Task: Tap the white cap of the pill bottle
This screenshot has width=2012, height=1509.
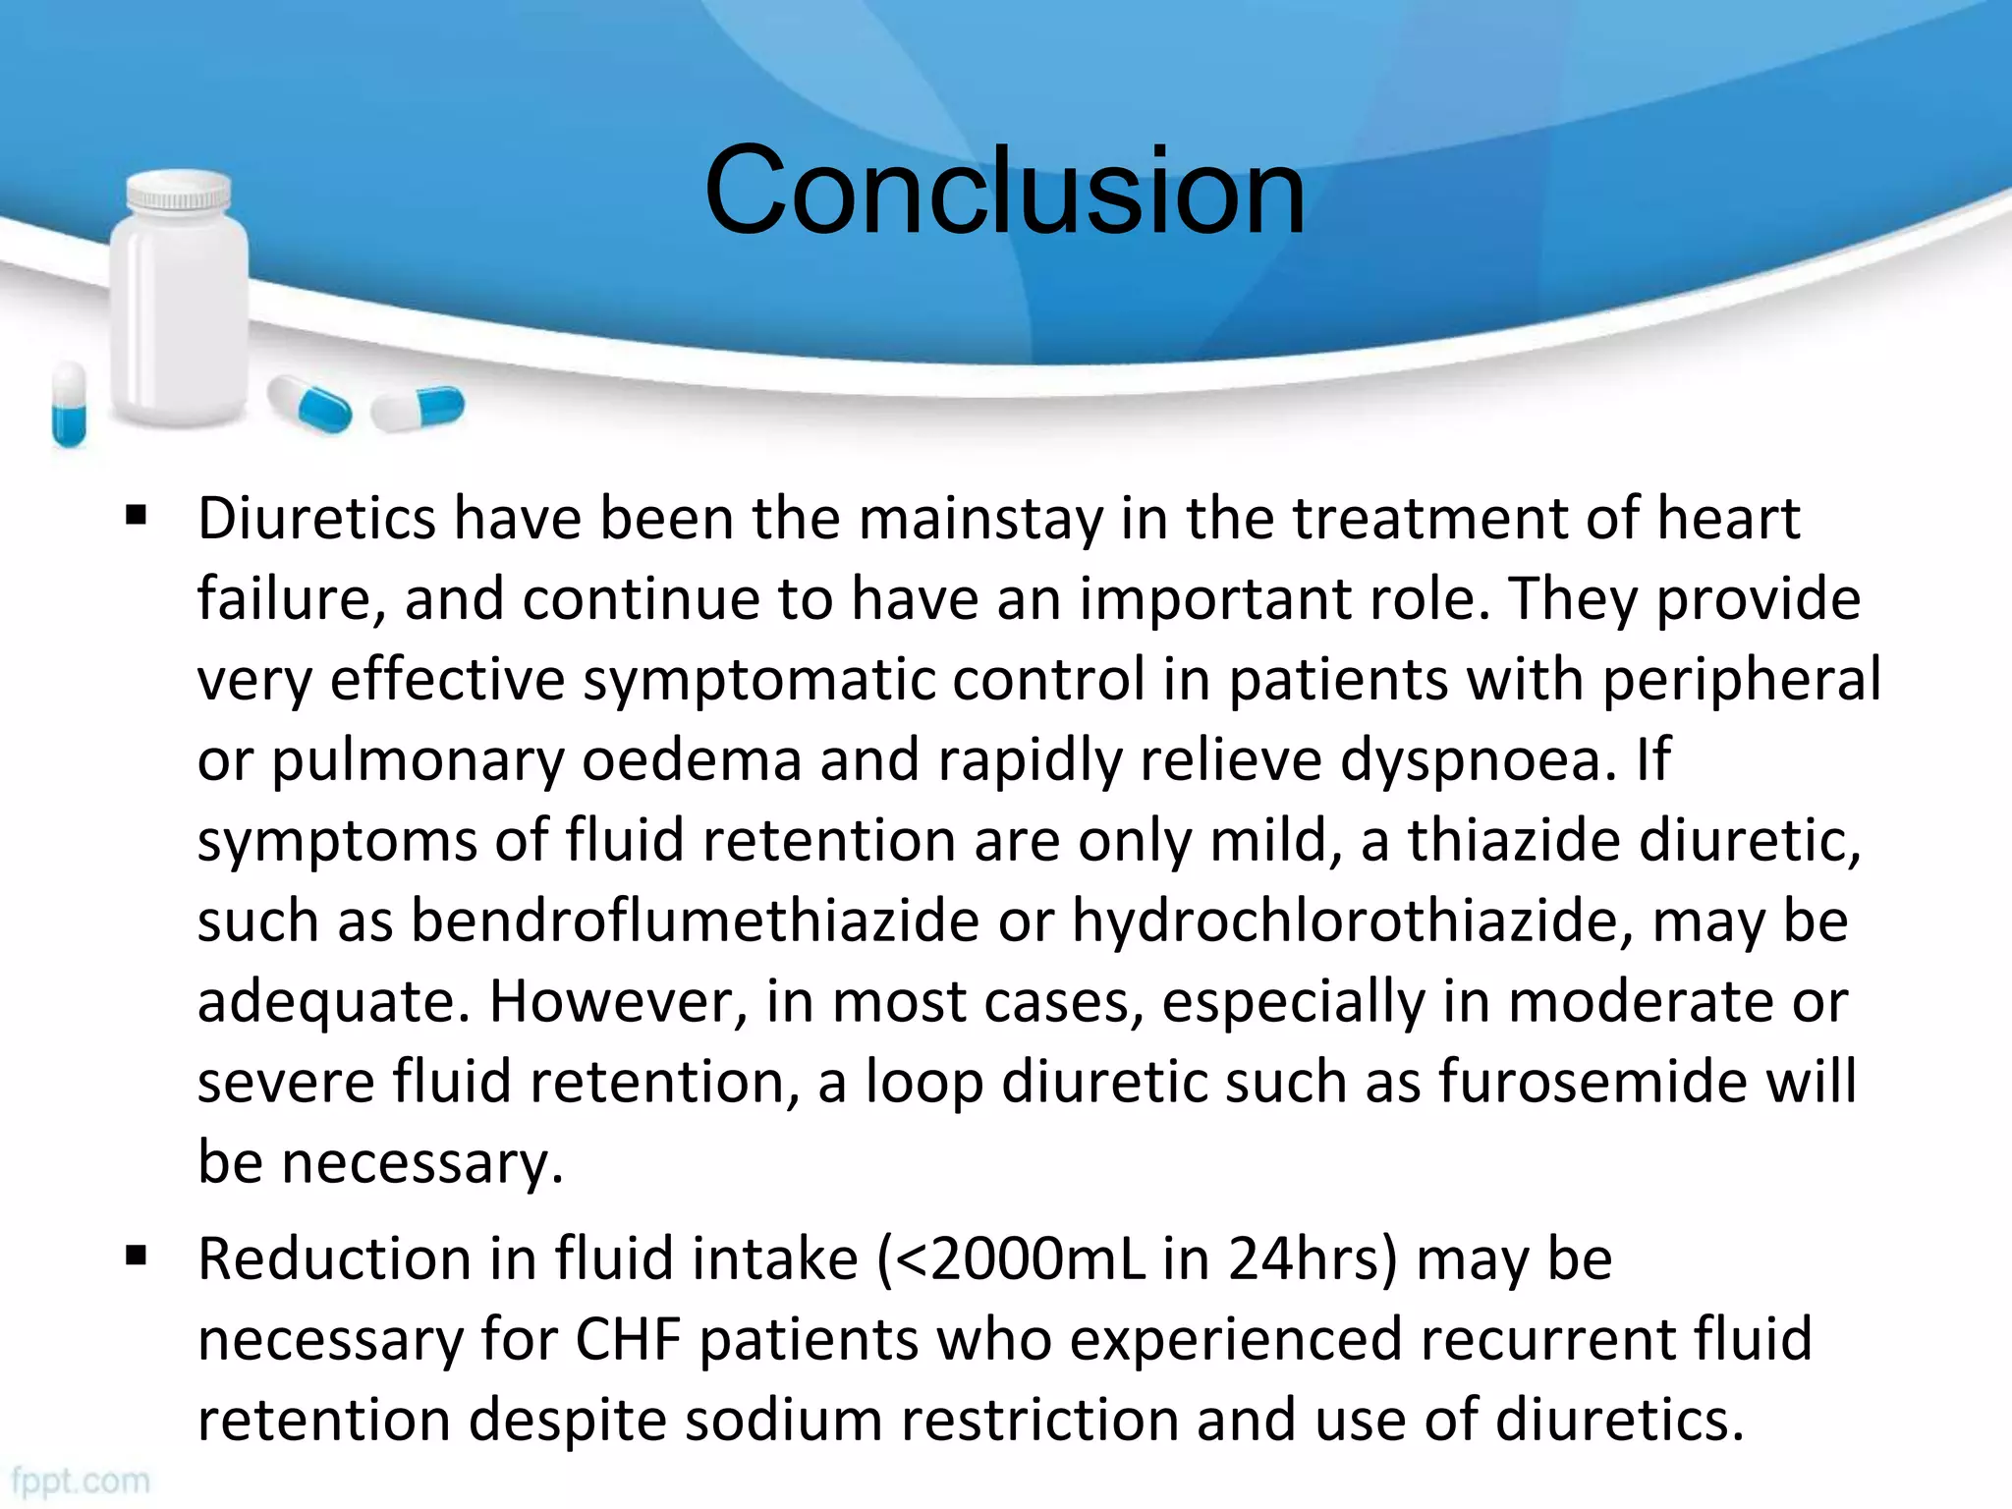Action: pos(180,191)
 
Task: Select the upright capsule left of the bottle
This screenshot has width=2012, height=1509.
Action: pos(69,403)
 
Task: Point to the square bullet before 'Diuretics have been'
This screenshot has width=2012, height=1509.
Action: pos(136,516)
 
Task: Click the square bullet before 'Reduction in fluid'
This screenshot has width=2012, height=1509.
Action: pos(136,1256)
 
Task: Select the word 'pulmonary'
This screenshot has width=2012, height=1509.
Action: pos(417,761)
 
